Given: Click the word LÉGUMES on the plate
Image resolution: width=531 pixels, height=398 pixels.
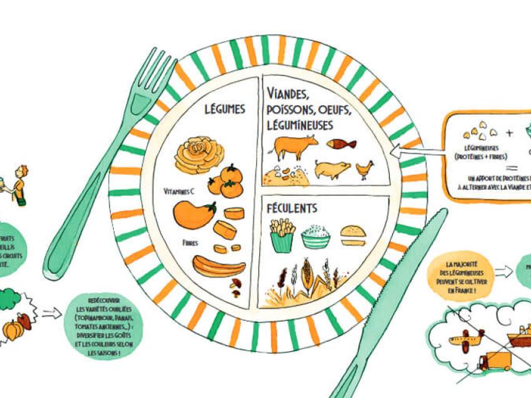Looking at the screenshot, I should (225, 109).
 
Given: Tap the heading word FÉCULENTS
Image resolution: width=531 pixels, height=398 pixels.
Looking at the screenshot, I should (292, 208).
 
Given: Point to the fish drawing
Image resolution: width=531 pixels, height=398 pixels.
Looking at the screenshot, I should (341, 143).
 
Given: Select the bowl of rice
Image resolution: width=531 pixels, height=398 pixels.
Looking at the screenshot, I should (315, 237).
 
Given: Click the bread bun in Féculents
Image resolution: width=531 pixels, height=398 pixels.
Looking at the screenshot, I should (354, 235).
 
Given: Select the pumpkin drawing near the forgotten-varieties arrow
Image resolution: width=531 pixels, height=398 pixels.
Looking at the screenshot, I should (14, 329).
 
